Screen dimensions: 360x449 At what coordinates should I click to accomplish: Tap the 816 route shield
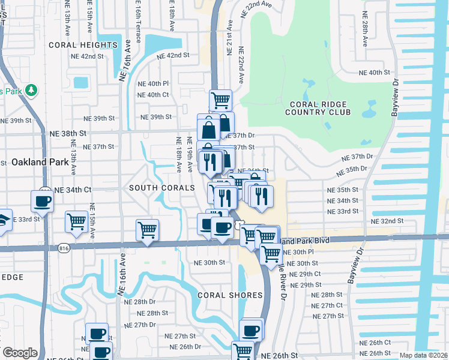click(64, 247)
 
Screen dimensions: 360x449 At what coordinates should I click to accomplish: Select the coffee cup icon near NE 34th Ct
click(42, 202)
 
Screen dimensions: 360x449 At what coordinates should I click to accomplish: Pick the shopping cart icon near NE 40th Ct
click(220, 100)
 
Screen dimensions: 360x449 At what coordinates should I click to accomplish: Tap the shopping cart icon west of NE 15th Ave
click(77, 222)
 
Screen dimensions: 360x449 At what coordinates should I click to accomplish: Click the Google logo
click(20, 353)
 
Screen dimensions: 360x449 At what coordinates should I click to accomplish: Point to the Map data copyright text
click(423, 355)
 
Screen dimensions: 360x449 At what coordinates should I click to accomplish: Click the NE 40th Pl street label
click(153, 83)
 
